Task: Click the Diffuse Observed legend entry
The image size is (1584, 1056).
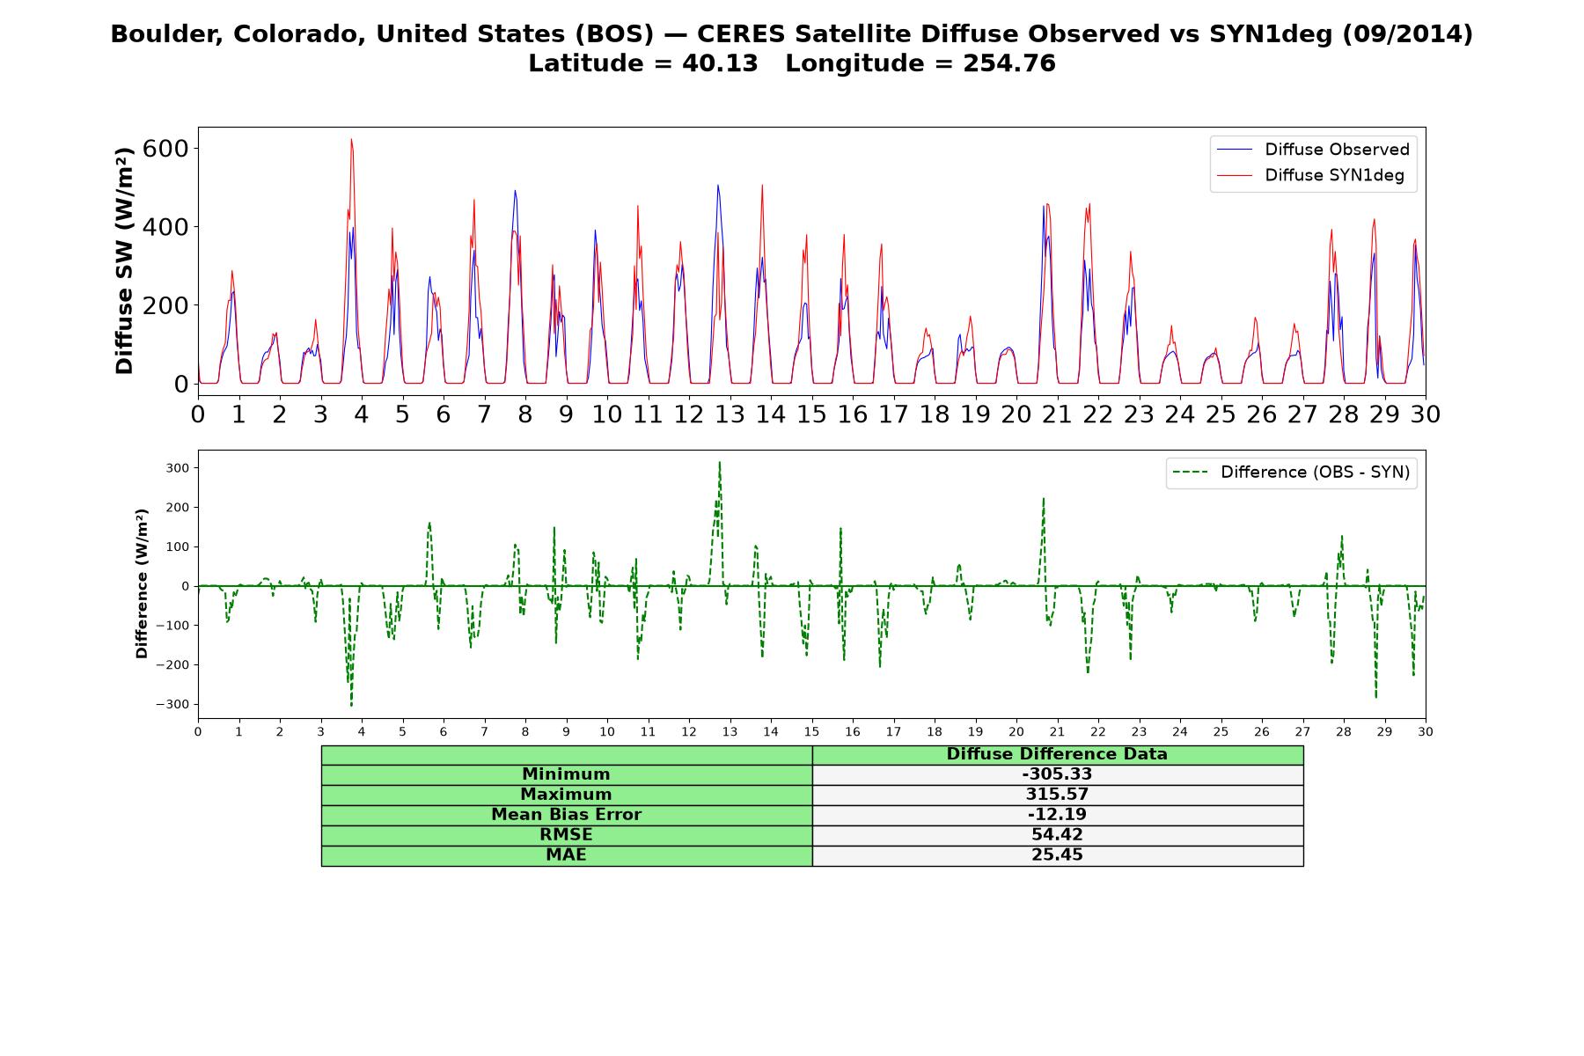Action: click(x=1313, y=150)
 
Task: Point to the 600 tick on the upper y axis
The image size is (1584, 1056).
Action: click(x=165, y=148)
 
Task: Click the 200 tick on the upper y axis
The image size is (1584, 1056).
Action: click(x=165, y=305)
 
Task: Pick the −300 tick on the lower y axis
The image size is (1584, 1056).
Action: click(x=172, y=704)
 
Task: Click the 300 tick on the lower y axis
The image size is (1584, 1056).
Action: click(x=177, y=468)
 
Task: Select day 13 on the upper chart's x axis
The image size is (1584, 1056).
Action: click(x=730, y=414)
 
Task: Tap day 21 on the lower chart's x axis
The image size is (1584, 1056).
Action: click(x=1057, y=732)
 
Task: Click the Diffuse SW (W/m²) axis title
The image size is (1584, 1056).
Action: click(x=124, y=260)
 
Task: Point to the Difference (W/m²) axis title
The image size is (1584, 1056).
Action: click(x=142, y=584)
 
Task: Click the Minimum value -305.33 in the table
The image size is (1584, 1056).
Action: click(x=1057, y=774)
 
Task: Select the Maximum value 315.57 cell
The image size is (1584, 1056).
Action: click(x=1057, y=795)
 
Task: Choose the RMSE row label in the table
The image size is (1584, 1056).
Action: click(x=566, y=835)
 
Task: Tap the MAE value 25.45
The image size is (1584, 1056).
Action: click(x=1057, y=855)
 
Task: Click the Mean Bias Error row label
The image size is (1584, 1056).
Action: click(x=566, y=815)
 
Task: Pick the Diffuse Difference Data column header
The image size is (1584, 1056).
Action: click(x=1057, y=754)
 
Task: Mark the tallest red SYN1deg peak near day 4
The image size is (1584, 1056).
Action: click(x=351, y=139)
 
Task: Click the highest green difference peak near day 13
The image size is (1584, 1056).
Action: click(x=719, y=462)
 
